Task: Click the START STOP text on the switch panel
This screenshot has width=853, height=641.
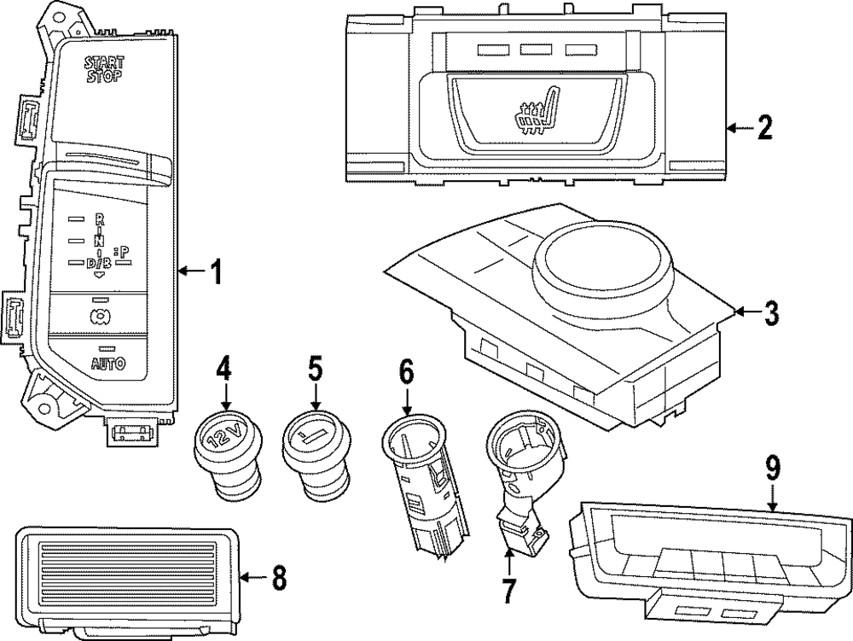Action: tap(103, 68)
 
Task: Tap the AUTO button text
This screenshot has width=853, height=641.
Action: tap(107, 364)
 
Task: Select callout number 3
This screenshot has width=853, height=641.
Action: tap(770, 313)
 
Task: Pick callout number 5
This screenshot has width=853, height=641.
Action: tap(316, 369)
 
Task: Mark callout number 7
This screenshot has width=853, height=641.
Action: tap(509, 588)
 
